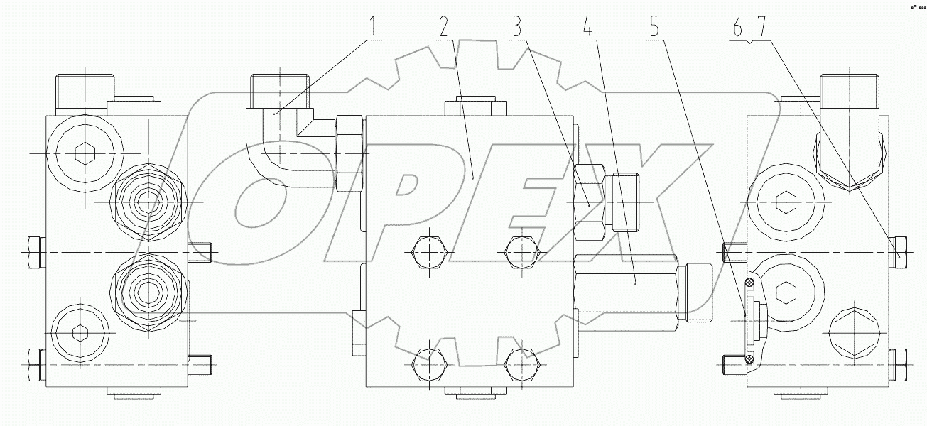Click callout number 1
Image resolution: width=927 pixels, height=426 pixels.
[374, 26]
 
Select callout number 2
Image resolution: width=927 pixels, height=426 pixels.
[443, 26]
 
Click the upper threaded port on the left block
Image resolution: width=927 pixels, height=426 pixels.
[147, 202]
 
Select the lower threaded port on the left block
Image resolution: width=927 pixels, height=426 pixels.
[147, 290]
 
